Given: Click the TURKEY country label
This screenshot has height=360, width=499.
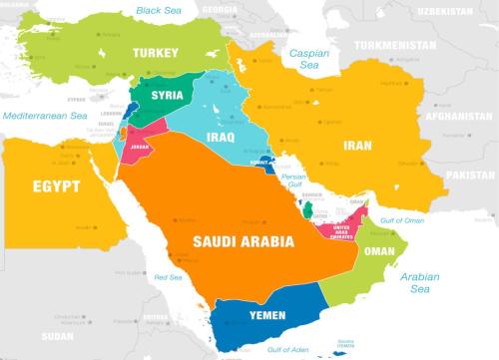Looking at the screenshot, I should [153, 53].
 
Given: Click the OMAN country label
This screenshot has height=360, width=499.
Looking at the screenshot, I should [379, 252].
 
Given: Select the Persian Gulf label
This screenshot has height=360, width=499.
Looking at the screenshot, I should [293, 180].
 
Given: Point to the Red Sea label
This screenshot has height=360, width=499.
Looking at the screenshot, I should [168, 277].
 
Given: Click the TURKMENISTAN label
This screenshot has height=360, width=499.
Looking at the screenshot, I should [383, 46].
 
